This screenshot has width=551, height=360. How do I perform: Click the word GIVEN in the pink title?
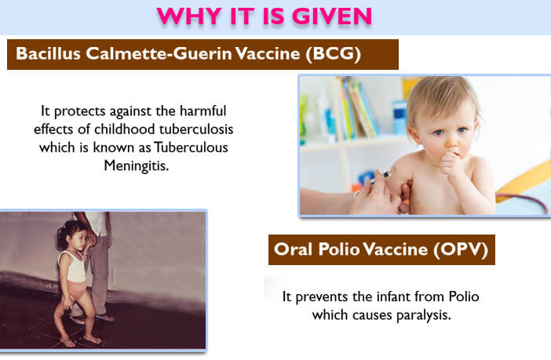(331, 16)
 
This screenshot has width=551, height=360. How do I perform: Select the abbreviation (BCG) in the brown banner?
(333, 54)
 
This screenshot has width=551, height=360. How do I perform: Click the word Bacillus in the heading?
(48, 53)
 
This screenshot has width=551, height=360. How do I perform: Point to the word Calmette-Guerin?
(159, 53)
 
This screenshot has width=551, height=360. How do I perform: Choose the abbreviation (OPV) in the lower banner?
(461, 249)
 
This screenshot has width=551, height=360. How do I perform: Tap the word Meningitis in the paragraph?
(137, 165)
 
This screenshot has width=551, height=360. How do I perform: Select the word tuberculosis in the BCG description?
(196, 129)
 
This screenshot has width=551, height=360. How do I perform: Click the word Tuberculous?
(192, 147)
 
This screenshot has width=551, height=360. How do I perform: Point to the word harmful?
(203, 111)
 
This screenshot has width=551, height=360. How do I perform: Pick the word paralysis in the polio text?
(423, 315)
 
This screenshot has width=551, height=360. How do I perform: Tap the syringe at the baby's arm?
(382, 176)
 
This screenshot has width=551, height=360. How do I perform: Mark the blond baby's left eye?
(463, 130)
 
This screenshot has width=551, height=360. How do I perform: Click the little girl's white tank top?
(73, 267)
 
